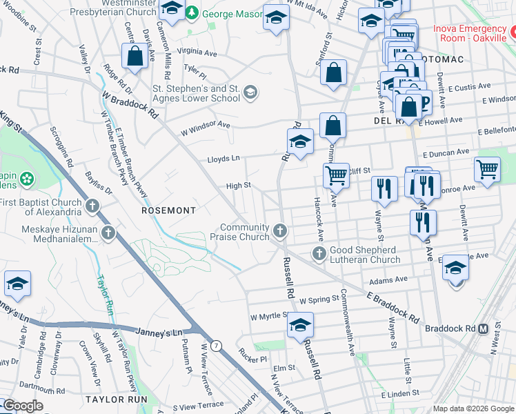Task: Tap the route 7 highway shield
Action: [x=217, y=346]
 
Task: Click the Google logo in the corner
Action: [x=23, y=406]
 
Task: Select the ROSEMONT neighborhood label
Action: [x=169, y=209]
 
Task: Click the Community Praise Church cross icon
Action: [x=279, y=230]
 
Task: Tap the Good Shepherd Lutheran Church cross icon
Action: [x=319, y=253]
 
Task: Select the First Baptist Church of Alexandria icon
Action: [x=93, y=205]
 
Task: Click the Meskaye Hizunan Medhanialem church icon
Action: [x=108, y=233]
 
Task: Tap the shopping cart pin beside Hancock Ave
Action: [x=336, y=175]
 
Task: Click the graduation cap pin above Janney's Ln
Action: [x=17, y=284]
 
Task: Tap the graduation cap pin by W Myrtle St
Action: [x=300, y=324]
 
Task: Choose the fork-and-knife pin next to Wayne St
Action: [x=384, y=188]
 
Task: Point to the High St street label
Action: [x=238, y=186]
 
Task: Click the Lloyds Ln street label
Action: [x=224, y=159]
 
